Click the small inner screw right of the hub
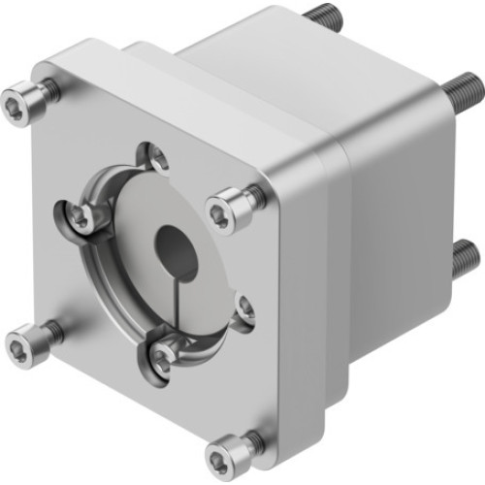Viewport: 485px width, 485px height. point(243,309)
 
